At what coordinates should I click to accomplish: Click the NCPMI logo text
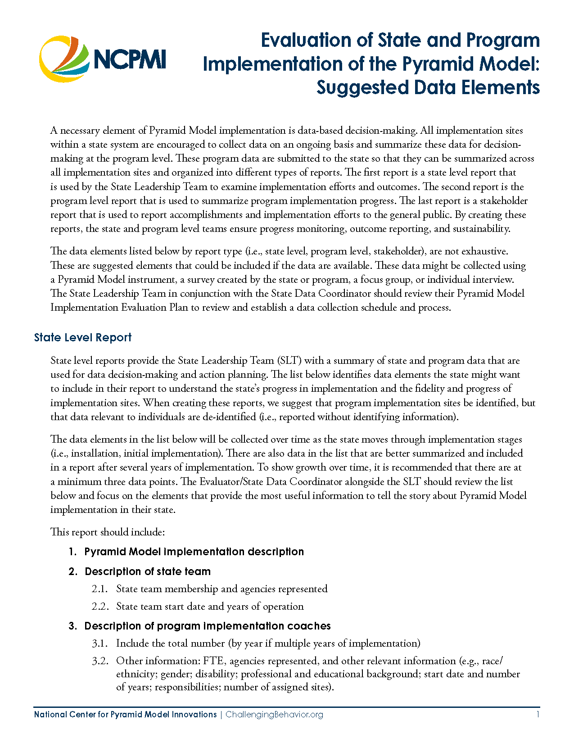point(130,59)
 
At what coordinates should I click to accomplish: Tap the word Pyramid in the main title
point(437,64)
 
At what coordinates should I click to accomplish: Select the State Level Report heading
point(83,338)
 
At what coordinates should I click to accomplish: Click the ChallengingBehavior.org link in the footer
point(274,715)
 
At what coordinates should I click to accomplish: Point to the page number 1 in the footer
point(538,715)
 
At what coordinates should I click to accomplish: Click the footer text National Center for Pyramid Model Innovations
point(125,715)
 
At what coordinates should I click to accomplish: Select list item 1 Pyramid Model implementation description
point(194,552)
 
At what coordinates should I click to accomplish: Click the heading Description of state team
point(147,571)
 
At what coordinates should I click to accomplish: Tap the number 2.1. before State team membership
point(100,589)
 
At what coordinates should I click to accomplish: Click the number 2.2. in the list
point(100,607)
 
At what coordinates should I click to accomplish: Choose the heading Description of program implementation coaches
point(207,626)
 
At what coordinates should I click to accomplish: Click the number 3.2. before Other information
point(100,661)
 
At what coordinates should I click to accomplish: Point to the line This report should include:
point(108,532)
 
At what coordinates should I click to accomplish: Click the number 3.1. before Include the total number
point(100,643)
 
